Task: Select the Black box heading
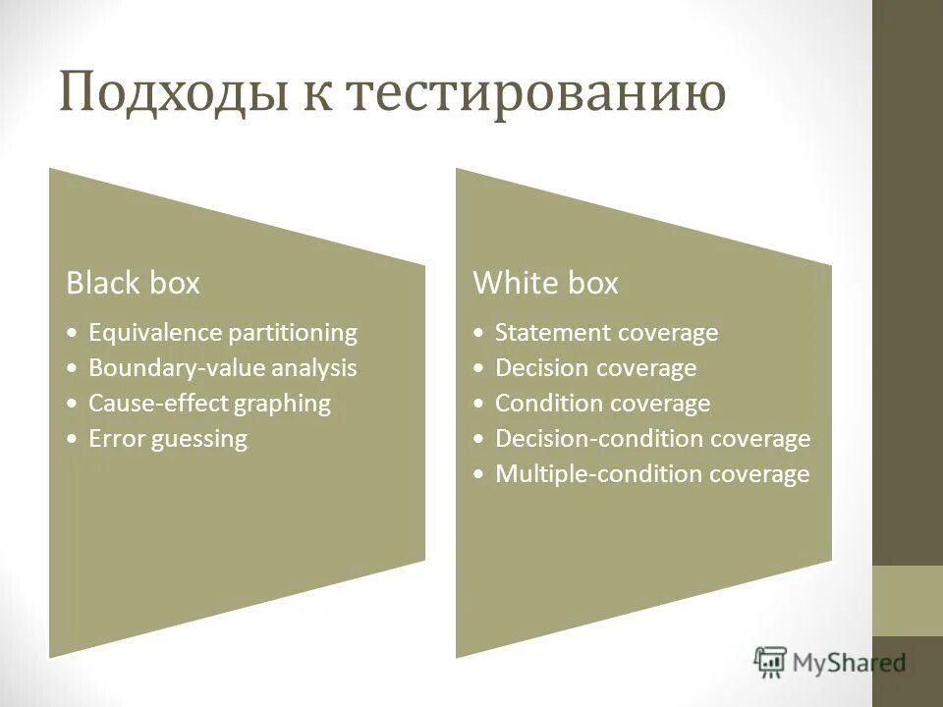click(x=133, y=284)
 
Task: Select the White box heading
click(x=546, y=284)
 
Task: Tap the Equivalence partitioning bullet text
click(x=223, y=333)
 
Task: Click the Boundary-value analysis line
click(x=223, y=368)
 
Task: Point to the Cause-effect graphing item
click(x=209, y=404)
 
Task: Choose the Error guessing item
click(x=168, y=439)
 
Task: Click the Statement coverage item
click(x=606, y=333)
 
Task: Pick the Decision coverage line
click(x=595, y=368)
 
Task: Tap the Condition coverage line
click(x=602, y=404)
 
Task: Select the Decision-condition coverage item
click(x=652, y=439)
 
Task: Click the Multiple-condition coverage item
click(x=652, y=474)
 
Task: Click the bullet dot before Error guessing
click(x=75, y=440)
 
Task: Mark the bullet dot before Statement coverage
click(x=478, y=334)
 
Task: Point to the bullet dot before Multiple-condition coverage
click(x=478, y=475)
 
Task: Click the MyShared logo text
click(x=850, y=663)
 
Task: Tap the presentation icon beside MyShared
click(x=771, y=663)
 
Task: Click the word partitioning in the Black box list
click(x=293, y=333)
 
